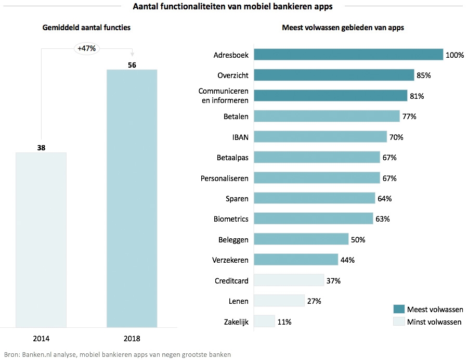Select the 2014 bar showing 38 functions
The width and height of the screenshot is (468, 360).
pyautogui.click(x=41, y=240)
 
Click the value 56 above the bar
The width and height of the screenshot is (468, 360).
pyautogui.click(x=132, y=65)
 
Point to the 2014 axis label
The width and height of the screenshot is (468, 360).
pyautogui.click(x=41, y=339)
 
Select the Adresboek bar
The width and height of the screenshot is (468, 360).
pyautogui.click(x=348, y=55)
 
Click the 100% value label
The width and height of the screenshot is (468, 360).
pyautogui.click(x=454, y=55)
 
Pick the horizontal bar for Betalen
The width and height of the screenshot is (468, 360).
pyautogui.click(x=327, y=117)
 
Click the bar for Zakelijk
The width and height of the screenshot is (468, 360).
pyautogui.click(x=264, y=322)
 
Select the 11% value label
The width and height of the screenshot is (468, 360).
pyautogui.click(x=284, y=322)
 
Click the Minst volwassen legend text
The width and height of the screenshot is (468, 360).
pyautogui.click(x=434, y=322)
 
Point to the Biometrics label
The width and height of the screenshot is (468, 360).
pyautogui.click(x=231, y=219)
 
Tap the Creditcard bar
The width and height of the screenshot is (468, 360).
pyautogui.click(x=289, y=281)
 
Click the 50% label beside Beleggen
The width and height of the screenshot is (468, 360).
pyautogui.click(x=358, y=240)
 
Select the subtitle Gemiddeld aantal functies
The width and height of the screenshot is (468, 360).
pyautogui.click(x=86, y=28)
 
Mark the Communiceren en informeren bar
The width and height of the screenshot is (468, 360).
pyautogui.click(x=330, y=96)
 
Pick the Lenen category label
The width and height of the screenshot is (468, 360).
pyautogui.click(x=239, y=301)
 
